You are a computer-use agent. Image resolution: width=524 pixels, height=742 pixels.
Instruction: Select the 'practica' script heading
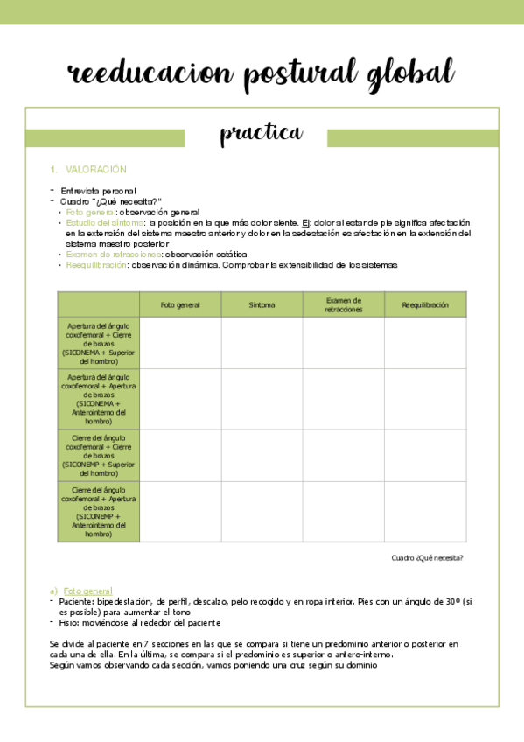click(261, 133)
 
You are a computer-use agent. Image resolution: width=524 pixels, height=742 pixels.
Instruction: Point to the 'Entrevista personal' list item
click(98, 190)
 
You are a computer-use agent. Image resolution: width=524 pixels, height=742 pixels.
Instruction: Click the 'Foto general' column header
click(180, 305)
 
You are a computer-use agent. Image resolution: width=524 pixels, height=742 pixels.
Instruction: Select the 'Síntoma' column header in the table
click(262, 305)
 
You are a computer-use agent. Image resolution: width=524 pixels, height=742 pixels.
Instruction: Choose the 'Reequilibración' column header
click(425, 305)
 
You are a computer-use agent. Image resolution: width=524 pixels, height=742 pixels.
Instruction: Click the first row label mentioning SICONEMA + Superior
click(98, 342)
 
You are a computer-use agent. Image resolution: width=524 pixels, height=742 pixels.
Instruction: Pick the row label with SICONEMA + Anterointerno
click(98, 399)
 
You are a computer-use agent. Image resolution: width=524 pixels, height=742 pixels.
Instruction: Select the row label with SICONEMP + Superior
click(98, 455)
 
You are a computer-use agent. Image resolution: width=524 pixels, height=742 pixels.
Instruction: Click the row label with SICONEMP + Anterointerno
click(98, 511)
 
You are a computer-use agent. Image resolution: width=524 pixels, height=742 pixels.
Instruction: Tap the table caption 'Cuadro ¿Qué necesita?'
click(427, 557)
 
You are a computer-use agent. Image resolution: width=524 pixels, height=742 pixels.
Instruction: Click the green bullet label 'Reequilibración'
click(96, 264)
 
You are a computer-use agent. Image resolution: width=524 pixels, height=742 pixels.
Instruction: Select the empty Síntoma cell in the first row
click(262, 343)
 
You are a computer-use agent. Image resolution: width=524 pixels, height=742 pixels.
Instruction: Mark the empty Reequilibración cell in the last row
click(425, 511)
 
